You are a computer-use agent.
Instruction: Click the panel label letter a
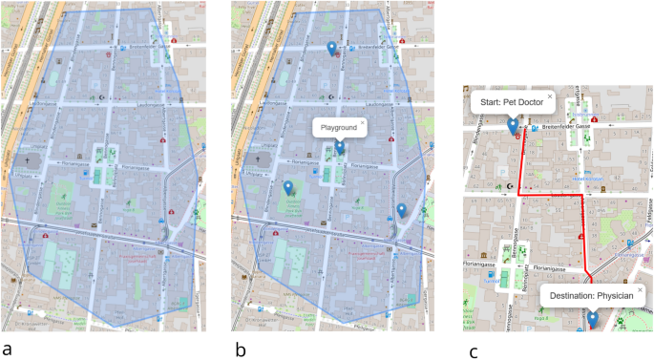click(x=9, y=349)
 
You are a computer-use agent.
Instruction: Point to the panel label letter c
click(x=473, y=351)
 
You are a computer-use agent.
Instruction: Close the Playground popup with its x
click(x=363, y=121)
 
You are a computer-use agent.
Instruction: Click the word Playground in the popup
click(x=338, y=126)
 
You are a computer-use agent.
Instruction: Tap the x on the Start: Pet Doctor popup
click(x=550, y=96)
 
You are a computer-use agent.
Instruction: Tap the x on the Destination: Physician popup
click(x=640, y=289)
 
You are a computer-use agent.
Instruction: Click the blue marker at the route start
click(x=513, y=126)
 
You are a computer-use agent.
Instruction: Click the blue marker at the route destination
click(x=592, y=318)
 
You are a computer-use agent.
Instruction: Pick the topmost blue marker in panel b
click(x=331, y=48)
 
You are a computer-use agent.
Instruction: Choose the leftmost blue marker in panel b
click(x=288, y=187)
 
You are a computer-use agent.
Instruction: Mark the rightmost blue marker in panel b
click(x=402, y=210)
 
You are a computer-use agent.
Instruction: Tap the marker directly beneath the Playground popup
click(x=340, y=148)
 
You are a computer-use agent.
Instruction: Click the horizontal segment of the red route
click(x=550, y=195)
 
